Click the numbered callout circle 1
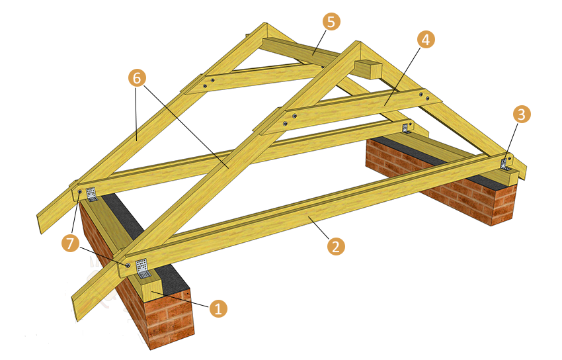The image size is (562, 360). click(x=218, y=308)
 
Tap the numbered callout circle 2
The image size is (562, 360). click(x=336, y=247)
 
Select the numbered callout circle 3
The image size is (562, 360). click(x=522, y=114)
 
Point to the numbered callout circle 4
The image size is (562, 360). click(x=426, y=40)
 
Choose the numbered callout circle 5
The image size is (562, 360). click(x=331, y=22)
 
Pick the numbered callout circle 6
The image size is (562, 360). click(x=137, y=78)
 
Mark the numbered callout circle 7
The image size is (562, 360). click(x=70, y=244)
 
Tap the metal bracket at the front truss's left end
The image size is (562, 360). click(x=142, y=268)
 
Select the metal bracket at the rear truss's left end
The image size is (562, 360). click(x=92, y=194)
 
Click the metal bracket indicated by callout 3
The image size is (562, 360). click(x=505, y=163)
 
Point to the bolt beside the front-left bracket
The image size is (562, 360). click(x=127, y=265)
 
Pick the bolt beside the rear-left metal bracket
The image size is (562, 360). click(x=79, y=192)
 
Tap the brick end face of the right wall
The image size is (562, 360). click(x=504, y=204)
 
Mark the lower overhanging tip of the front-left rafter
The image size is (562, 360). click(x=76, y=318)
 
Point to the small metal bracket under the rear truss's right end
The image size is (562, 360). click(x=406, y=128)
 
